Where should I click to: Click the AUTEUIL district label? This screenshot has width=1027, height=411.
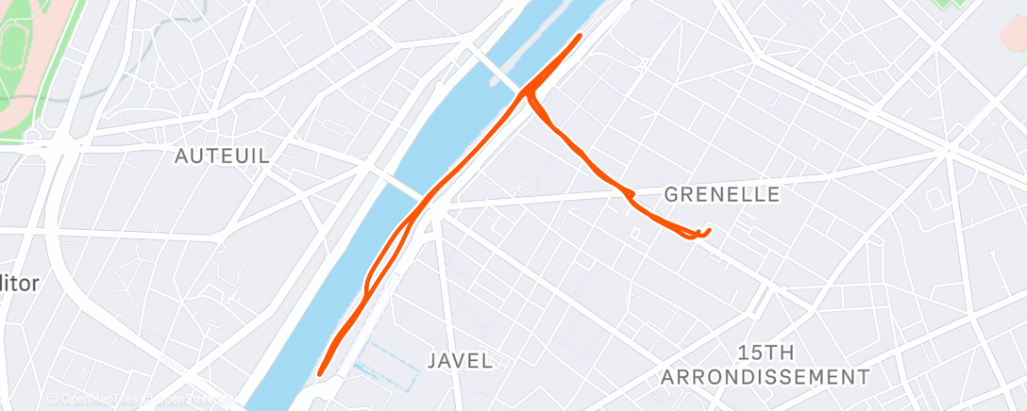(x=223, y=156)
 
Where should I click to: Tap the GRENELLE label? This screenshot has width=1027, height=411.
(x=722, y=195)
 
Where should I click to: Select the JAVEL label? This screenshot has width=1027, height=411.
(x=460, y=360)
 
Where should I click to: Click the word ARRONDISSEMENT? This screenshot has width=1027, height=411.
(x=766, y=377)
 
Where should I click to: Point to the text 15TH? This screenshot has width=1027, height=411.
(x=766, y=353)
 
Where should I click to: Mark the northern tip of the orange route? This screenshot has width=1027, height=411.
(x=579, y=36)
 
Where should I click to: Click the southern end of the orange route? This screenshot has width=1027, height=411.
(x=321, y=372)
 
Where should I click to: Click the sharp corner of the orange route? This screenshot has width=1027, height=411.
(x=526, y=92)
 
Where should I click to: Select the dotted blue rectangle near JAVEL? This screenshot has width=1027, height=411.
(x=388, y=366)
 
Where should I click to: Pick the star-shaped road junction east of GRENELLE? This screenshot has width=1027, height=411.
(x=948, y=149)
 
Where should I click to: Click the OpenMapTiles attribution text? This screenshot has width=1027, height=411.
(x=94, y=400)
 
